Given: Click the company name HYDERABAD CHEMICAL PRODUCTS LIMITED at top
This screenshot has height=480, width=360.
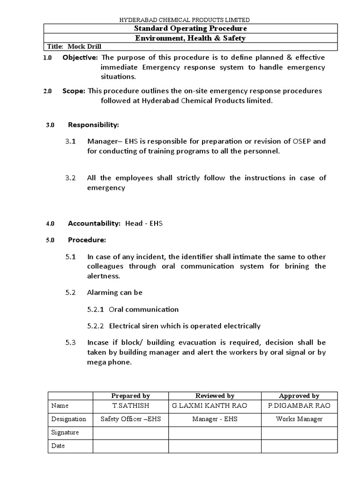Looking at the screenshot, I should click(x=184, y=20).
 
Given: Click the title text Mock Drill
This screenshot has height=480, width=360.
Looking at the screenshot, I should click(x=84, y=47).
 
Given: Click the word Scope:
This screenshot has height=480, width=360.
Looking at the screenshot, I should click(x=74, y=91).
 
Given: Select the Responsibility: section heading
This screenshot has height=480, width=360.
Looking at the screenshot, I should click(x=94, y=125).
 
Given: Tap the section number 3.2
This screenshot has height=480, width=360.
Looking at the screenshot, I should click(x=70, y=178).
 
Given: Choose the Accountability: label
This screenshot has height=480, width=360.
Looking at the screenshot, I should click(x=94, y=224).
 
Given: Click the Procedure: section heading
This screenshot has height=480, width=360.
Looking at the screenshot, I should click(x=87, y=240).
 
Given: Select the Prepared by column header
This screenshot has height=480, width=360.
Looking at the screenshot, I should click(x=130, y=396).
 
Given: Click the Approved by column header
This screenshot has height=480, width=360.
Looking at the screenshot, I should click(x=299, y=396).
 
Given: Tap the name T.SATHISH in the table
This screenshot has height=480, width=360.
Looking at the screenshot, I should click(x=130, y=405).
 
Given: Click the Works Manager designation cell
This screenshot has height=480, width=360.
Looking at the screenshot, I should click(x=299, y=419).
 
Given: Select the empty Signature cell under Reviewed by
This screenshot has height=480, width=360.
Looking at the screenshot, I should click(x=215, y=432).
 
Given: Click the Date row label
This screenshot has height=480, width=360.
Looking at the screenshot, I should click(x=58, y=446).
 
